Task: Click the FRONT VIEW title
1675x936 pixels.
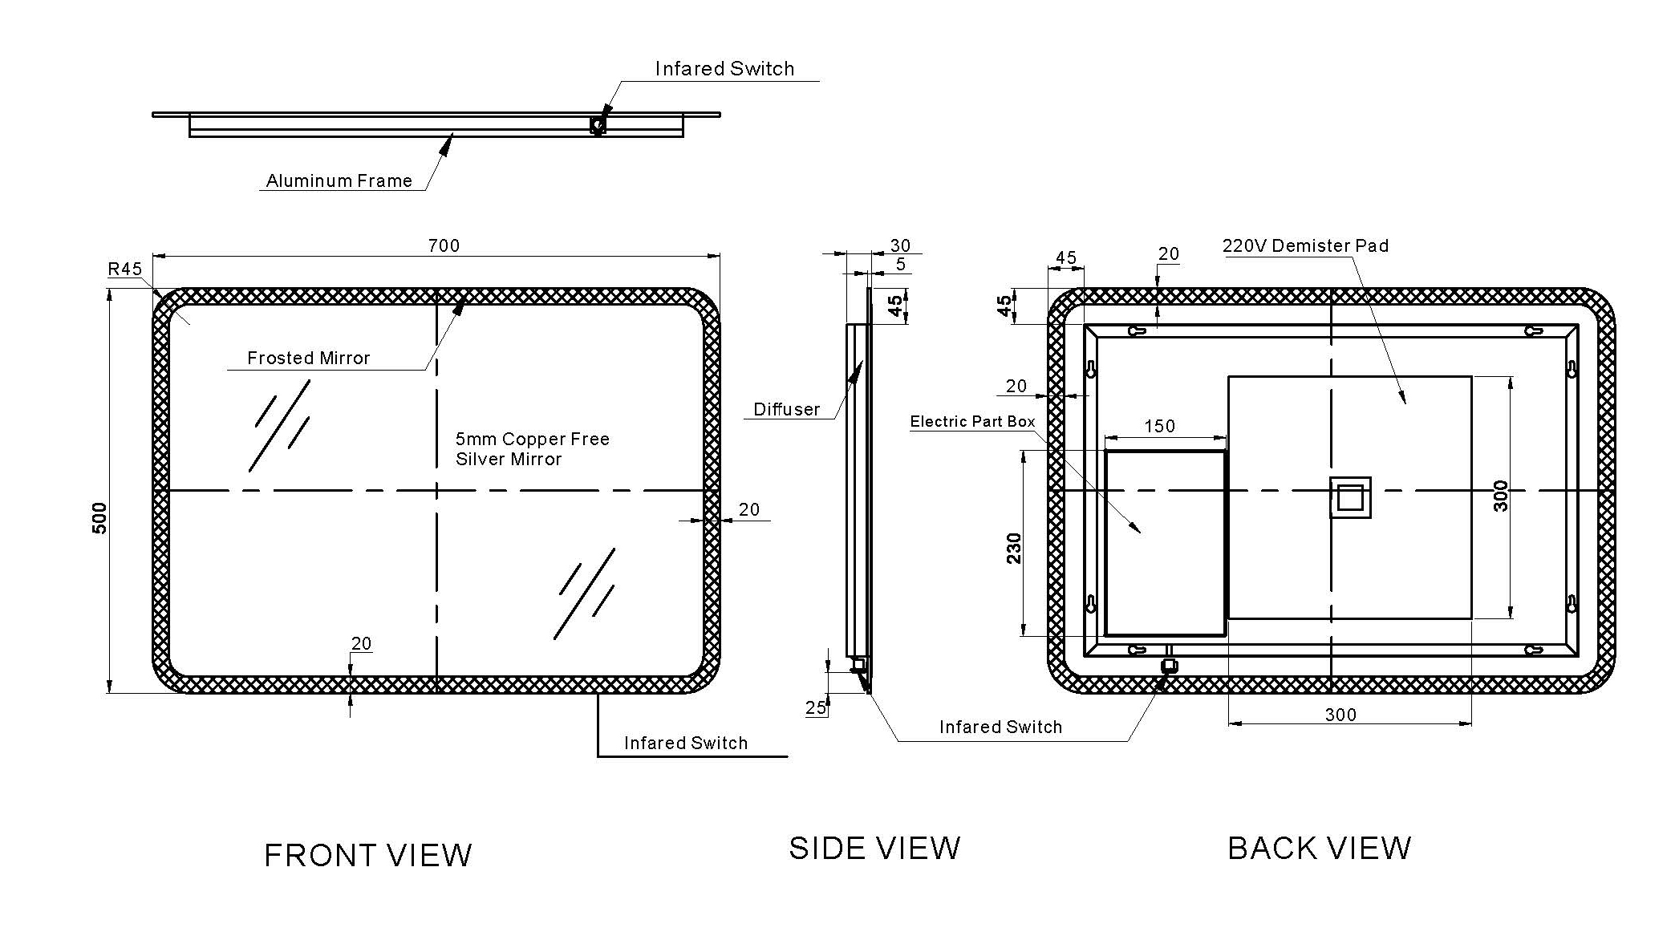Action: (x=368, y=856)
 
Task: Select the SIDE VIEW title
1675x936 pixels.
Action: (x=874, y=849)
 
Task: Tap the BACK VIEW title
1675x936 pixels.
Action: (x=1320, y=849)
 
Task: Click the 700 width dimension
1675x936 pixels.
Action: (x=444, y=245)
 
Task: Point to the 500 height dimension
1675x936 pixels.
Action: (x=99, y=518)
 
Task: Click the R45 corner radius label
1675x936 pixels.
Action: (x=125, y=269)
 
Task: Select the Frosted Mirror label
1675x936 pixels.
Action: (x=309, y=358)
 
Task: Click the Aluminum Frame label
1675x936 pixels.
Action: (x=339, y=180)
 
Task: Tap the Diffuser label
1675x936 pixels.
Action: (x=786, y=409)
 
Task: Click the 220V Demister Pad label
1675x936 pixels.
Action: (x=1305, y=245)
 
